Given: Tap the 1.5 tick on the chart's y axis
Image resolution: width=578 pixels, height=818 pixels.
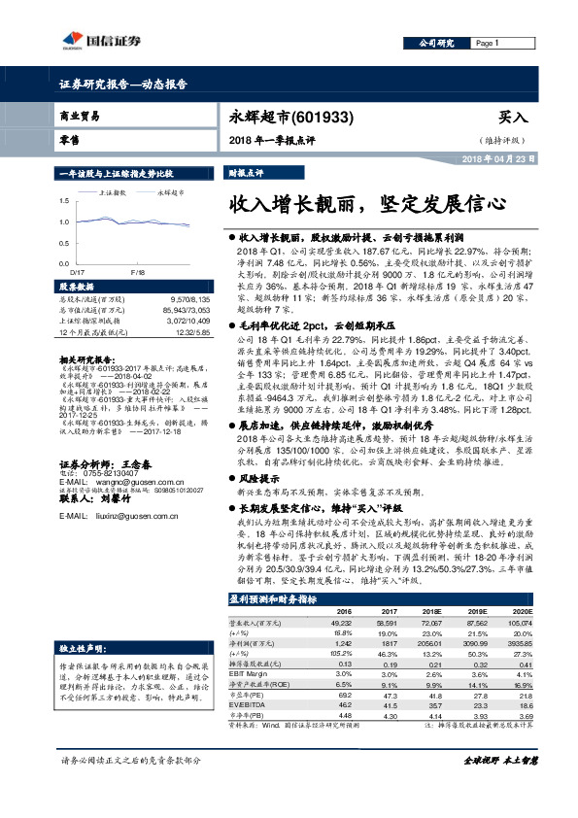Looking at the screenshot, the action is pos(64,199).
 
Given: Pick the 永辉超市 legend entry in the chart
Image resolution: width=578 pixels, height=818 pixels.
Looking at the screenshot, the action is pos(170,193).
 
